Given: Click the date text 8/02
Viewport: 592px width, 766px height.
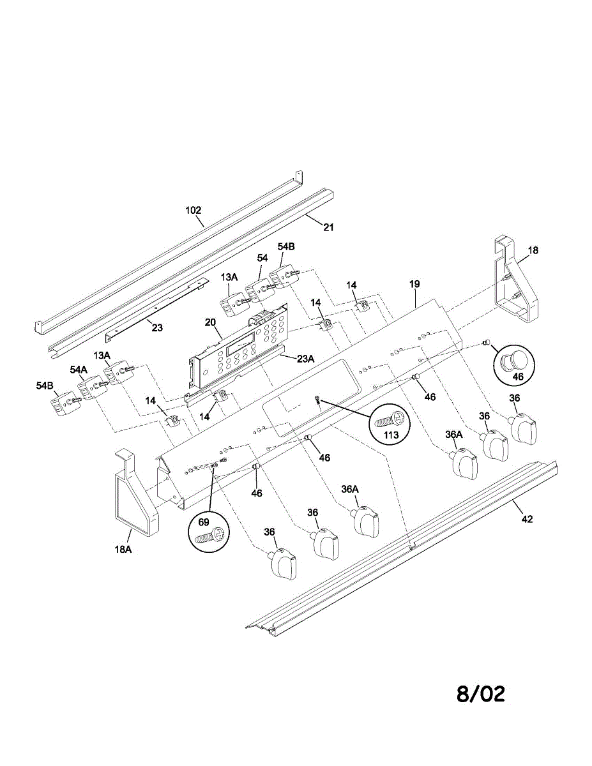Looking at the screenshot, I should tap(480, 694).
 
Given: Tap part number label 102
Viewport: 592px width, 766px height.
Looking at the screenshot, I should tap(193, 210).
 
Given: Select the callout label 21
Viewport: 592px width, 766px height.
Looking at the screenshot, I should tap(328, 227).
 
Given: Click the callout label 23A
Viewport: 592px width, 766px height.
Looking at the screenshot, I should tap(306, 359).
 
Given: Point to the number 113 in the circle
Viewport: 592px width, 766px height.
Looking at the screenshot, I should tap(391, 435).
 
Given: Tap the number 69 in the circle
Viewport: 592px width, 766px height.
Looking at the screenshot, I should tap(204, 522).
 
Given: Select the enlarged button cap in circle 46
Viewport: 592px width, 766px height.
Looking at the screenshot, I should tap(513, 361).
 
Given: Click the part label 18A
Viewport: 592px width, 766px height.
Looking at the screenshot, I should tap(123, 548).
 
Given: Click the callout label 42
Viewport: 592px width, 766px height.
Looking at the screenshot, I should tap(526, 519).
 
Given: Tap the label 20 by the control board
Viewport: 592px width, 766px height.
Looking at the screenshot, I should tap(209, 322).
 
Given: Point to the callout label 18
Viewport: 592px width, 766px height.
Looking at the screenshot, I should tap(533, 251).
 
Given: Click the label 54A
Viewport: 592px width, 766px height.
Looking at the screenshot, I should tap(79, 370).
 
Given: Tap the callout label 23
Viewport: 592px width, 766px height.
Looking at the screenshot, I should tap(157, 327).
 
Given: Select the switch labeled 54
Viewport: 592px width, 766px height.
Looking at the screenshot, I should tap(259, 292).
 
